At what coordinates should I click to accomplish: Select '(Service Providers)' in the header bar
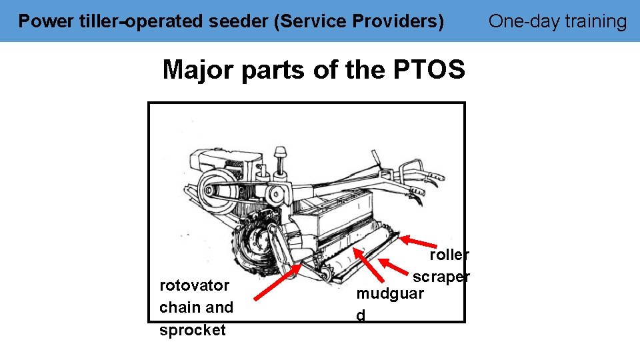pos(359,21)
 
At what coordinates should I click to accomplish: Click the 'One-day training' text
pos(557,21)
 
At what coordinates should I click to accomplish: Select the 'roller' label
pos(449,255)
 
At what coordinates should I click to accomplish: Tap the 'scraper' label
pos(441,277)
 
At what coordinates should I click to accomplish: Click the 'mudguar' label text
pos(390,294)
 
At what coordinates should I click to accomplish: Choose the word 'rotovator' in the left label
pos(195,285)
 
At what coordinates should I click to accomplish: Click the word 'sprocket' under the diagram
pos(193,330)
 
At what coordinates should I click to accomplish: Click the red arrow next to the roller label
pos(416,242)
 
